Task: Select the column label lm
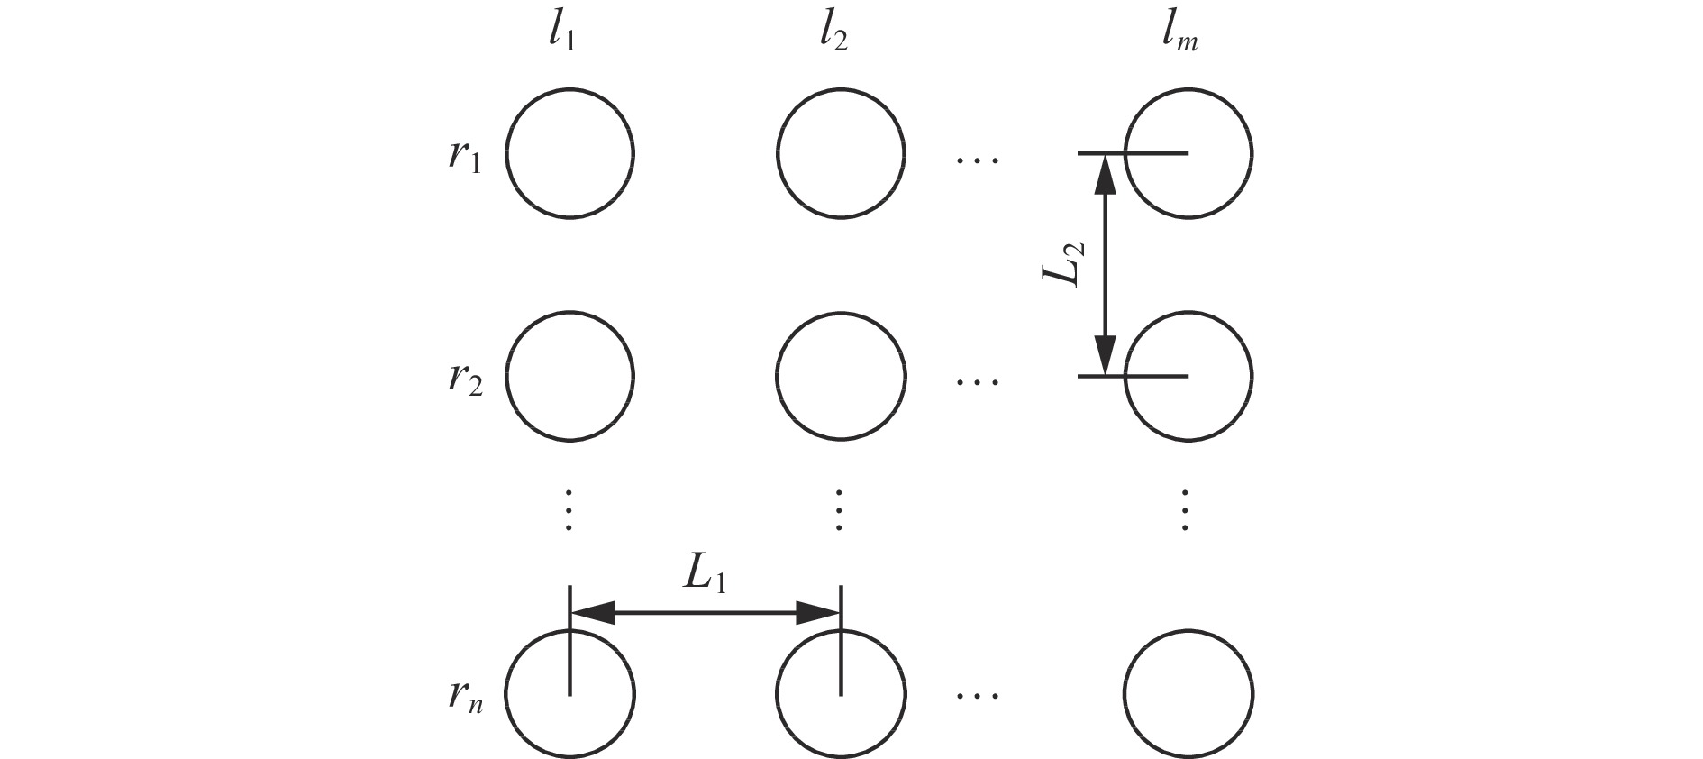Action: tap(1182, 39)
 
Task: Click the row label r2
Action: tap(465, 379)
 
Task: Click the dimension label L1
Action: tap(705, 576)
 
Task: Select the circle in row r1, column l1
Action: tap(569, 153)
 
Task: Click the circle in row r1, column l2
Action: tap(841, 153)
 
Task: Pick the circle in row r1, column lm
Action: tap(1188, 153)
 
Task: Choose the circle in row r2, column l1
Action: tap(569, 376)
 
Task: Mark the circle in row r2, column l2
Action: tap(841, 376)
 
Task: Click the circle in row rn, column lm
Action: tap(1188, 694)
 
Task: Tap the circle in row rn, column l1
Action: tap(569, 694)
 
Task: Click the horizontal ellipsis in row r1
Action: tap(978, 161)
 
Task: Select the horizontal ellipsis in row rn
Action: tap(978, 695)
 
